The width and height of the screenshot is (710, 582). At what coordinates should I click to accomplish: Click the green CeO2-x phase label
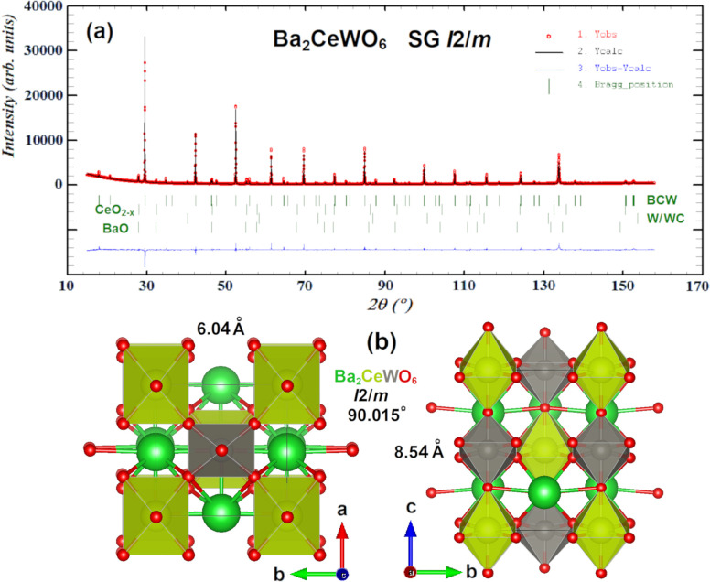114,211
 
